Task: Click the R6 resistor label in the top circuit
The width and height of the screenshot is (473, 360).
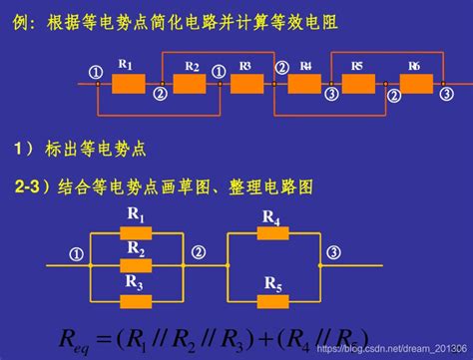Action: tap(414, 66)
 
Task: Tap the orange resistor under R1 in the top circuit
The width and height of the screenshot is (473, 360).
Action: tap(129, 84)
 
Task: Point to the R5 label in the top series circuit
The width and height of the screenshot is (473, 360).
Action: tap(357, 66)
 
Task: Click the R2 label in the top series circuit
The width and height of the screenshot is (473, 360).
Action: tap(193, 66)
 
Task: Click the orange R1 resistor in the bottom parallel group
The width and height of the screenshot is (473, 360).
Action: tap(136, 234)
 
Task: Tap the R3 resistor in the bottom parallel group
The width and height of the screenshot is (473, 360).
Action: tap(136, 300)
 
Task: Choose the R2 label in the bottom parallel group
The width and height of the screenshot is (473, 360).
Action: tap(136, 248)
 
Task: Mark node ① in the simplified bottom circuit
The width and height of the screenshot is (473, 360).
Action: tap(74, 254)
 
